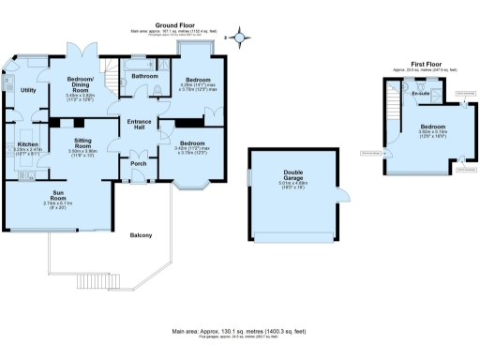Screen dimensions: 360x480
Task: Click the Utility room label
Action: pos(28,90)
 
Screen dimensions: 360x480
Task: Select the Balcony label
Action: pos(141,234)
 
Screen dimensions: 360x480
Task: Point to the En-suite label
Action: pos(419,95)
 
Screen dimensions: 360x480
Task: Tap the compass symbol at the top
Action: pos(241,38)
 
